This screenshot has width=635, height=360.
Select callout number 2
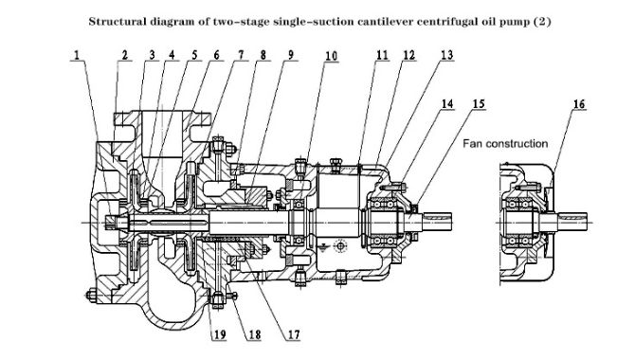[123, 55]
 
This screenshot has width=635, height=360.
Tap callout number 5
[194, 55]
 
